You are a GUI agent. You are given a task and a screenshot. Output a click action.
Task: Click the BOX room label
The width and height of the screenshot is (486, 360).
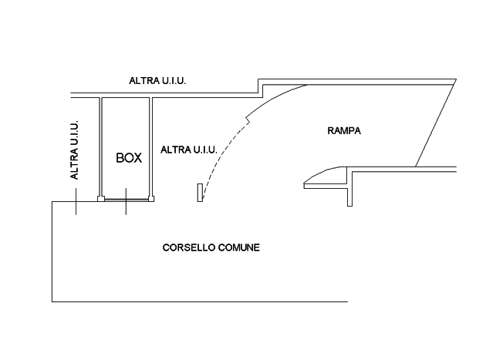point(129,158)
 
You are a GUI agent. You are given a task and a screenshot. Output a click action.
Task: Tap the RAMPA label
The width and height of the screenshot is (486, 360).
point(344,131)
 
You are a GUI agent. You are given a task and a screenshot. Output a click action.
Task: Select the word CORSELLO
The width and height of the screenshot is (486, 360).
point(189,247)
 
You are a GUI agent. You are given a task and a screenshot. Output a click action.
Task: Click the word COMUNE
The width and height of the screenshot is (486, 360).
point(239,247)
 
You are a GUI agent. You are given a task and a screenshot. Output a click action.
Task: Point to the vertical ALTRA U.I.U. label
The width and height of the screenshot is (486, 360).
point(74,150)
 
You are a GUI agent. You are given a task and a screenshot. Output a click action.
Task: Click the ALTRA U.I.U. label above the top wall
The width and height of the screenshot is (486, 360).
point(157,81)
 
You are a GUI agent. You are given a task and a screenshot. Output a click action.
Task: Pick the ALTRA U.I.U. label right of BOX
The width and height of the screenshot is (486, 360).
point(189,150)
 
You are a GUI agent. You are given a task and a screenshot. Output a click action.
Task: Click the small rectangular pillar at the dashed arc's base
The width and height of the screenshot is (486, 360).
point(200,193)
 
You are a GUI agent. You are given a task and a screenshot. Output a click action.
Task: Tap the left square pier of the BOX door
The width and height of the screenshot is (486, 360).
point(101,199)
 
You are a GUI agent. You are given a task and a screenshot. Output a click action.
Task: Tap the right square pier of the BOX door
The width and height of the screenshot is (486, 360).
point(151,199)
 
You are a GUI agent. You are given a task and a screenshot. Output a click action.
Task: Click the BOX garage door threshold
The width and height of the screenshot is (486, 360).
point(127,200)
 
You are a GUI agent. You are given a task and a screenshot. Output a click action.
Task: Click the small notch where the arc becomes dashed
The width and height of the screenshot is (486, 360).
point(248,119)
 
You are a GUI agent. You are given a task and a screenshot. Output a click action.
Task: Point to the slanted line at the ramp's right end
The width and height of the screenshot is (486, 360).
point(436,123)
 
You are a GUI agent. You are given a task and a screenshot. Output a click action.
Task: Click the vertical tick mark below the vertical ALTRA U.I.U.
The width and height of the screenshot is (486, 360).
point(76,201)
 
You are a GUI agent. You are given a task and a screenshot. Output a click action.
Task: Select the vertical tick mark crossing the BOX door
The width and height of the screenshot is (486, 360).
point(126,201)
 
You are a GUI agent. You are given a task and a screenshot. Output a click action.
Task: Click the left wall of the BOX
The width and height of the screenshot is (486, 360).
point(100,146)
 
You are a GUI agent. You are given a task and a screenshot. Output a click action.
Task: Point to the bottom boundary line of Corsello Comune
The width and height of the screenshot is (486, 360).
point(200,301)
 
